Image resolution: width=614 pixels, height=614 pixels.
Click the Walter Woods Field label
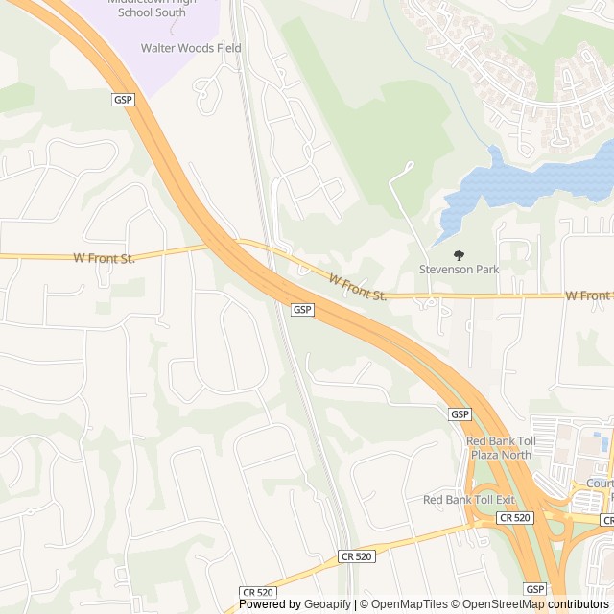pyautogui.click(x=191, y=48)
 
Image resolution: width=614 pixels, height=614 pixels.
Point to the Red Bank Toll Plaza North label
pyautogui.click(x=498, y=447)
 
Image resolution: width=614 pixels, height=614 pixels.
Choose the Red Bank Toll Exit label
pyautogui.click(x=469, y=500)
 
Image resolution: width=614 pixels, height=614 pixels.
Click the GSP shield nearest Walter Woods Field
pyautogui.click(x=124, y=99)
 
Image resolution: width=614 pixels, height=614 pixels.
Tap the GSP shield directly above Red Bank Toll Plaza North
pyautogui.click(x=460, y=414)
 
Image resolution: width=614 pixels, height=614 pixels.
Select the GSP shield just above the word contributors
pyautogui.click(x=535, y=589)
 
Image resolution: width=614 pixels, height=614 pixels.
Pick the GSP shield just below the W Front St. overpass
pyautogui.click(x=302, y=310)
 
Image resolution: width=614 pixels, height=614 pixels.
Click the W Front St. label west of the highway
pyautogui.click(x=105, y=258)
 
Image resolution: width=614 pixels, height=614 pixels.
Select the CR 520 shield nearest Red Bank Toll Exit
pyautogui.click(x=513, y=518)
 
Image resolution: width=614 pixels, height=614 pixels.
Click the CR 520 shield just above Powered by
pyautogui.click(x=257, y=593)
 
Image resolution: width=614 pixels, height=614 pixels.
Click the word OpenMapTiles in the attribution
pyautogui.click(x=410, y=604)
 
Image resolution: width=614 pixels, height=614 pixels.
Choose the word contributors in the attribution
pyautogui.click(x=579, y=604)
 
